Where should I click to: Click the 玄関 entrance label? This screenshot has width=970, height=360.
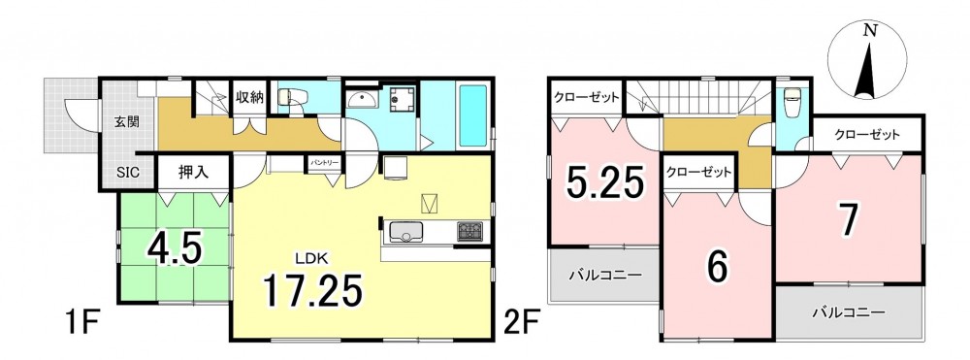pos(126,121)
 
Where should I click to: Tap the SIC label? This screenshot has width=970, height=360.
pos(127,173)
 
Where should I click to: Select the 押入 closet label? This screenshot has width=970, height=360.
pos(193,172)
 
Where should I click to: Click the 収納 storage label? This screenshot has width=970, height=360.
pos(250,97)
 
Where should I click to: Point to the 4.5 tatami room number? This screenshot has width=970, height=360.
pos(175,248)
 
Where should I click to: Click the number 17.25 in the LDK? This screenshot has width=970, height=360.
pos(311,290)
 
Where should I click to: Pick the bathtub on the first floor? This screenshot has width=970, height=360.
pos(474,115)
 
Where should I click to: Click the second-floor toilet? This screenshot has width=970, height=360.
pos(792,104)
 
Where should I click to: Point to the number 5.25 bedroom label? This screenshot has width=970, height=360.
pos(605,182)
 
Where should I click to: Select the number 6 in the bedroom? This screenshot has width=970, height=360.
pos(717,268)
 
